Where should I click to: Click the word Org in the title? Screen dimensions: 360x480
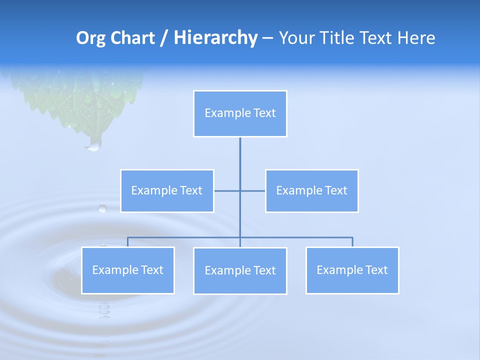89,38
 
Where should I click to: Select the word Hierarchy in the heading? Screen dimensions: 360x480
215,38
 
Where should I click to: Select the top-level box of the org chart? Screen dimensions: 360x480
240,113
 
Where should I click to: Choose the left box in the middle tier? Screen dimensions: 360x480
167,191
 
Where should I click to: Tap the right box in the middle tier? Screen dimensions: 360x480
311,191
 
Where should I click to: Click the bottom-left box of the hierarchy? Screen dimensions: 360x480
127,270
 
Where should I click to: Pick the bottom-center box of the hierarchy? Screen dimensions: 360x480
240,271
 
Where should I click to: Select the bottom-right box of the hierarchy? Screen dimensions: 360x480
352,270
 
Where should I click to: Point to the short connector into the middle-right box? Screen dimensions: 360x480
253,191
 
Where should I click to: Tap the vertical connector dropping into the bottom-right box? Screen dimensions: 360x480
352,242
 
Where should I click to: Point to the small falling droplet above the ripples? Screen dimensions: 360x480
102,208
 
